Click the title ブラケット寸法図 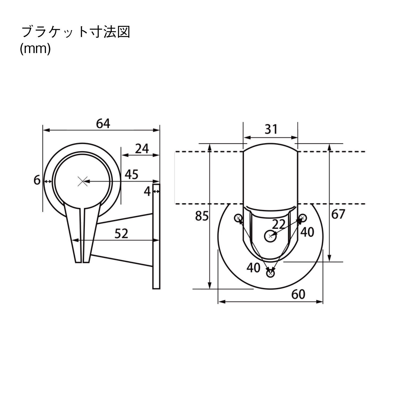tap(76, 32)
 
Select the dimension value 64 tap(103, 124)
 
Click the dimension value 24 tap(142, 149)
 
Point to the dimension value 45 tap(131, 175)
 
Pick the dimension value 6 tap(37, 181)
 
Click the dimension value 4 tap(147, 191)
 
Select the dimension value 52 tap(121, 234)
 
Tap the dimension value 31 tap(271, 129)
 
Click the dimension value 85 tap(202, 216)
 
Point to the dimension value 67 tap(338, 214)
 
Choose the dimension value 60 tap(298, 294)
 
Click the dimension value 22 tap(279, 224)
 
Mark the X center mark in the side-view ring tap(83, 181)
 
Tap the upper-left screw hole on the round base tap(238, 218)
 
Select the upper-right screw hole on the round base tap(302, 218)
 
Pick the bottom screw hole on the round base tap(271, 273)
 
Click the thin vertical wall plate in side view tap(156, 236)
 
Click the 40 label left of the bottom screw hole tap(253, 267)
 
